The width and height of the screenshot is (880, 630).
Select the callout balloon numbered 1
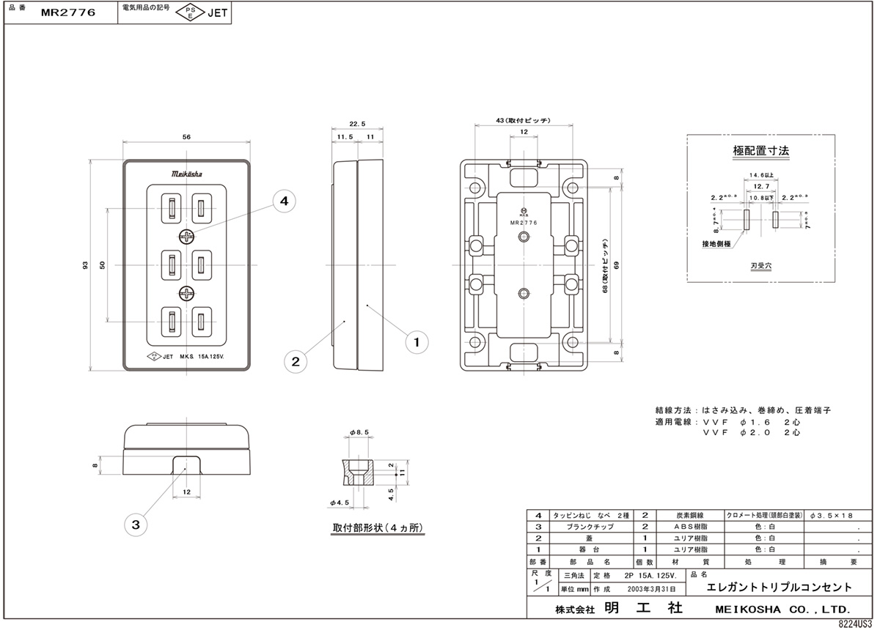[417, 341]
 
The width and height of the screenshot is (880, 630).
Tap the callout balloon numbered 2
[295, 360]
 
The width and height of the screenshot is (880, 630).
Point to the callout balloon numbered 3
[136, 524]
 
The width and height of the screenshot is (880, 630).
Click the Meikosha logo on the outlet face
[188, 174]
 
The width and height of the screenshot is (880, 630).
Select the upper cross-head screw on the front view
[187, 237]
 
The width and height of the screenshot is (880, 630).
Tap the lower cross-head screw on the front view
[187, 294]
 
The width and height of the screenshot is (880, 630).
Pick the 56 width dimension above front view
[187, 137]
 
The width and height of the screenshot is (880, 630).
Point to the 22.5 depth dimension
[357, 124]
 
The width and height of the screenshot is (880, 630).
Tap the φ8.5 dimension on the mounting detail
[358, 434]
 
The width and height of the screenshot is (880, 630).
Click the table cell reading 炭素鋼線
[685, 516]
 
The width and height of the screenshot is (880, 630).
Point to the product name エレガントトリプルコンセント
[779, 588]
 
